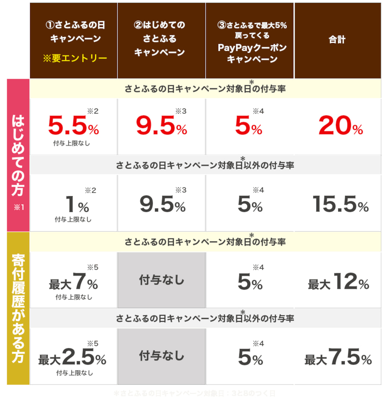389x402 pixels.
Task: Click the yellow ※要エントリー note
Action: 75,58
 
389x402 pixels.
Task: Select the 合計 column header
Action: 337,41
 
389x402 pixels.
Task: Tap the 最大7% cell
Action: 73,282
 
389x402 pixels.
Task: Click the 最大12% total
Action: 338,282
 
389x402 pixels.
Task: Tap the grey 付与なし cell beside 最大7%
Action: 161,280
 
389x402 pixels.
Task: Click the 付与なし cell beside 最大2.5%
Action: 161,356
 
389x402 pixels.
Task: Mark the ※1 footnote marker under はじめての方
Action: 18,207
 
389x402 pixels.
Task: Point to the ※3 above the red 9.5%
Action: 181,111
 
